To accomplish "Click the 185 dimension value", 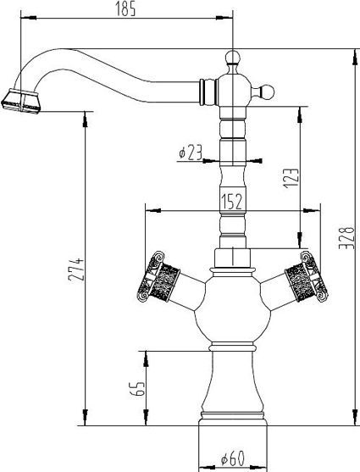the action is [125, 9].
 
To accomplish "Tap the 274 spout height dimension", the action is [75, 269].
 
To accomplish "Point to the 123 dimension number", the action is [291, 178].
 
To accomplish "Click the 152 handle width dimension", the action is [231, 201].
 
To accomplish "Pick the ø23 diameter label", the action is [191, 153].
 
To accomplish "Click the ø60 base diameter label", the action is [232, 459].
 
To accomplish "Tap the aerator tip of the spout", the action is [21, 101].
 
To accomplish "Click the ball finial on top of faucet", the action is [233, 58].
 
